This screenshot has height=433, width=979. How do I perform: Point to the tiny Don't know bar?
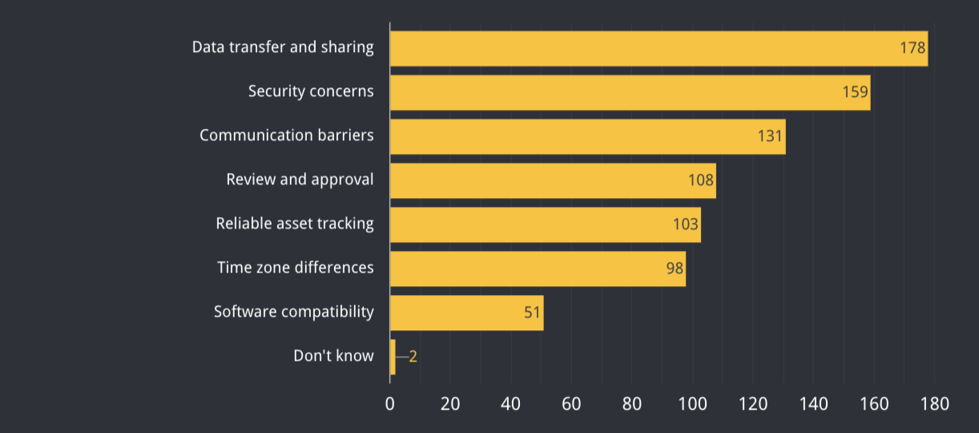click(393, 357)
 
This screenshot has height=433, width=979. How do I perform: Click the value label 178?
click(913, 48)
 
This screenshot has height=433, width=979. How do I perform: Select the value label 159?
click(855, 92)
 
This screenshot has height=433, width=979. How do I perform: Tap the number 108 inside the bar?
click(700, 180)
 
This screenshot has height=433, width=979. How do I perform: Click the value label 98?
click(675, 269)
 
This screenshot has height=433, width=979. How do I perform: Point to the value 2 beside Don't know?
click(413, 357)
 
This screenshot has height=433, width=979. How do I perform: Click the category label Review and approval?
click(300, 180)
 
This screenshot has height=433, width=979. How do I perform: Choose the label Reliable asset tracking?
click(295, 224)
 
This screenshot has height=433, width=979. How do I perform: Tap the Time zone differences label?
click(296, 268)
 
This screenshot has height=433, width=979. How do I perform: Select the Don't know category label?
click(333, 356)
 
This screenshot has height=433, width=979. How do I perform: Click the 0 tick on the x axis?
click(390, 404)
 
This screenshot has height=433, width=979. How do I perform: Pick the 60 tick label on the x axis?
click(571, 404)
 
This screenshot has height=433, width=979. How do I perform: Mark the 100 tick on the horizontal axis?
click(692, 404)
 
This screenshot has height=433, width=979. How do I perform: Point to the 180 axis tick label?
click(934, 404)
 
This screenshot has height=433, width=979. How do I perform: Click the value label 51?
click(533, 313)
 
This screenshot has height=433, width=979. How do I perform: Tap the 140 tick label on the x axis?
click(813, 404)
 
